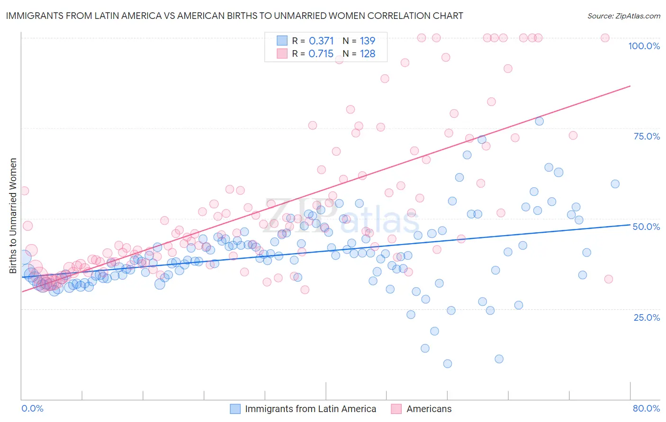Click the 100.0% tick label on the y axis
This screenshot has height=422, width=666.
point(644,46)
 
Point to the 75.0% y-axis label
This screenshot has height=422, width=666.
point(647,136)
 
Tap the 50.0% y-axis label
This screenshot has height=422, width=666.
point(646,227)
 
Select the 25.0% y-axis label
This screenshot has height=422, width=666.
point(647,317)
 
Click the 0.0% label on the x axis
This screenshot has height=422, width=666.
point(33,408)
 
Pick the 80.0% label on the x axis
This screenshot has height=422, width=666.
point(646,408)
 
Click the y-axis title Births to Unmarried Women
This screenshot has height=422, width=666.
point(13,216)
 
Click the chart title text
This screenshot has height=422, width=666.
point(234,16)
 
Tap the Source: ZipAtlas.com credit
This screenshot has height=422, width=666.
point(623,16)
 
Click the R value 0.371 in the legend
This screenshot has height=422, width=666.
point(321,41)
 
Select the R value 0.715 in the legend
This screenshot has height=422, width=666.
point(321,54)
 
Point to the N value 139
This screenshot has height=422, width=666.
point(368,41)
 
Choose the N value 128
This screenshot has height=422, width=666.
point(368,54)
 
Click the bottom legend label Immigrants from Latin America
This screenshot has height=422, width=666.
point(310,409)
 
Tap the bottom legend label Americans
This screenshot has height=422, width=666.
point(429,409)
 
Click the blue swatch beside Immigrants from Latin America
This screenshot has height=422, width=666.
point(235,409)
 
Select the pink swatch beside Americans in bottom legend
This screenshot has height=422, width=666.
point(396,409)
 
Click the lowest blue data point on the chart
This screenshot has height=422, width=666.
point(447,363)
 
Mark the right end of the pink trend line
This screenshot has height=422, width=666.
point(630,86)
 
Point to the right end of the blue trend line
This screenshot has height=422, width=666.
point(630,225)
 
